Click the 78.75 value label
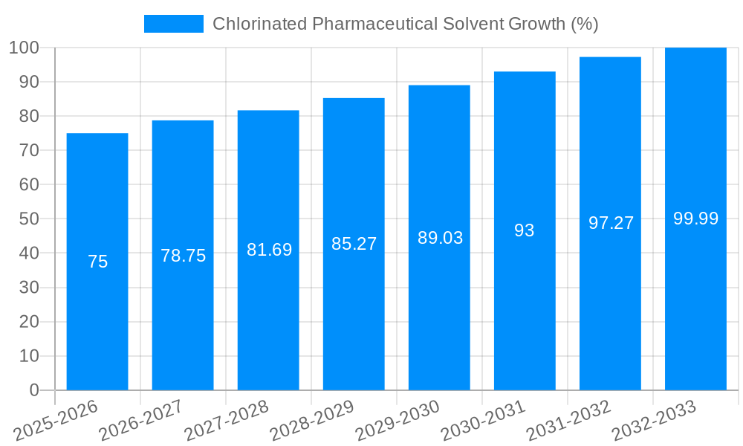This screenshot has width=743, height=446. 184,256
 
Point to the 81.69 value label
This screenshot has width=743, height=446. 269,250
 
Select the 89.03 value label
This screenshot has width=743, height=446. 440,238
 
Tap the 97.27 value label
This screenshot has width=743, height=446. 611,223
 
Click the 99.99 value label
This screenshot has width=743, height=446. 695,219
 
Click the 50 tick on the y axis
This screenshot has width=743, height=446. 28,219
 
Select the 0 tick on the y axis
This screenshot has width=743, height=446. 33,390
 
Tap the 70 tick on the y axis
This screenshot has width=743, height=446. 28,150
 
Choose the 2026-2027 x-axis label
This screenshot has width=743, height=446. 142,420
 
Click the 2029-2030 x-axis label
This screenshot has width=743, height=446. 398,420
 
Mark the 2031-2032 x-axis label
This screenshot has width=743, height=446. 568,420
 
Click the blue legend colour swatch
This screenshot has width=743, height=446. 173,24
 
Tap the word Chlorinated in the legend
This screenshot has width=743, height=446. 259,24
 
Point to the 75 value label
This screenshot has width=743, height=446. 97,262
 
